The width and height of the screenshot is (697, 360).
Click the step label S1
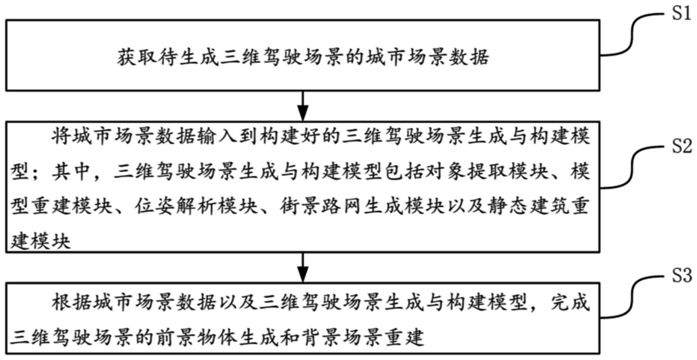681,14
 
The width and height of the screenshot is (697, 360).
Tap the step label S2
681,146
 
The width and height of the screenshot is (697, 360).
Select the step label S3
681,276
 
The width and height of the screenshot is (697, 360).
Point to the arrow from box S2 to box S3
302,267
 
